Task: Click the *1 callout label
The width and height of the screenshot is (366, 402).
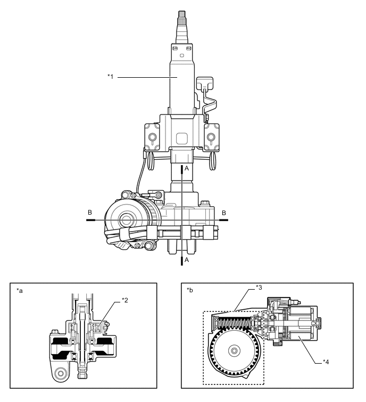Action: (x=110, y=77)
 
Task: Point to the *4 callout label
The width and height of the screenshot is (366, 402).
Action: (x=327, y=362)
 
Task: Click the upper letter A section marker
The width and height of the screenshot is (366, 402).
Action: (x=186, y=167)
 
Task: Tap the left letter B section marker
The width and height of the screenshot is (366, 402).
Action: (x=89, y=212)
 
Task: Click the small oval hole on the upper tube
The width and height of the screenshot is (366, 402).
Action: (x=181, y=55)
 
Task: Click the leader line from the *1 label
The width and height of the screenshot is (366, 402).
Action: (x=146, y=77)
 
